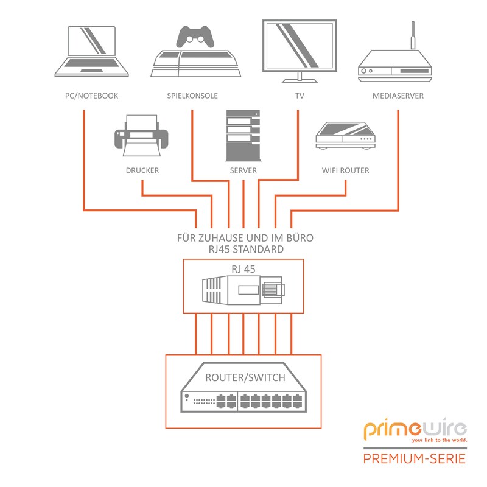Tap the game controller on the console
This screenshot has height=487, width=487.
(x=196, y=37)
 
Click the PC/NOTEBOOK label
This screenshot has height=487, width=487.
(x=91, y=96)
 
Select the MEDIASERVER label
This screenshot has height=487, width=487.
(x=398, y=96)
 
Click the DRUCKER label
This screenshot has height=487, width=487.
(x=142, y=170)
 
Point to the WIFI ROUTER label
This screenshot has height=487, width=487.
(x=345, y=170)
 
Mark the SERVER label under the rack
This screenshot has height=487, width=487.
(x=243, y=170)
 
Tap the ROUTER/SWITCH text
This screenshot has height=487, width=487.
(x=245, y=378)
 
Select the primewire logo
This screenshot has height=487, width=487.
(x=415, y=430)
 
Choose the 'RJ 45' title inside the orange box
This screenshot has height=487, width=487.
(x=243, y=268)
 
